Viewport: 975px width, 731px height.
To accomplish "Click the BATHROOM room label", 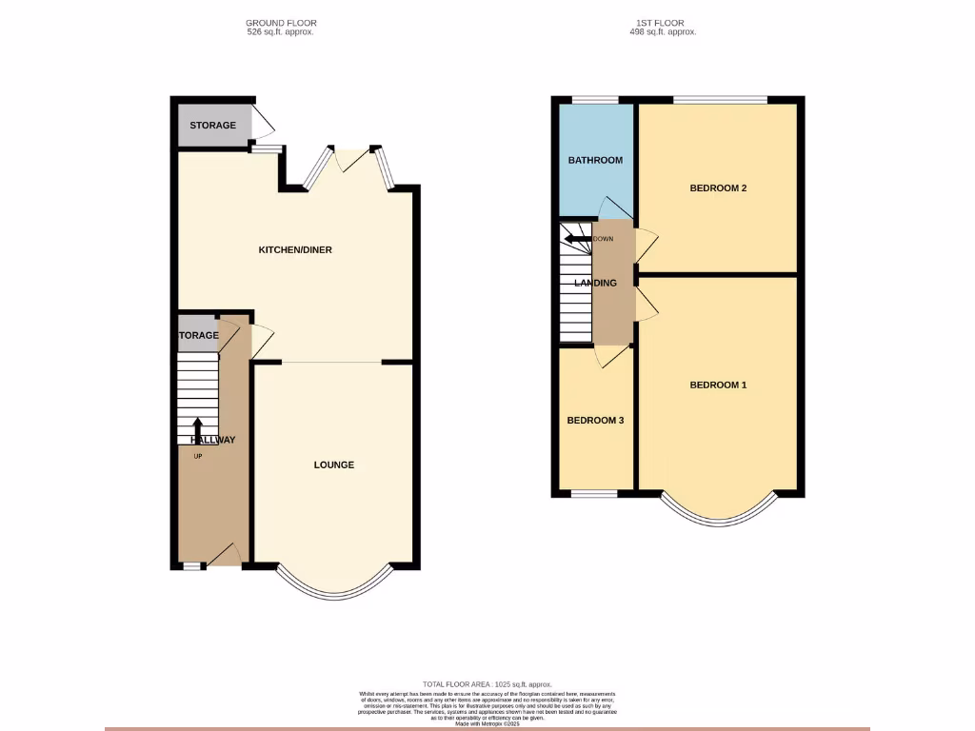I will pos(595,160).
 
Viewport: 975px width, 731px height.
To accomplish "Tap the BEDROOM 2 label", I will pos(718,188).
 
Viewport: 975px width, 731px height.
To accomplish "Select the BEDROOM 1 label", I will pos(718,385).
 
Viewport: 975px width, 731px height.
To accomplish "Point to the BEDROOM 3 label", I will pos(595,420).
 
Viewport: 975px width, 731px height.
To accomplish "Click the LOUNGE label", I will pos(334,465).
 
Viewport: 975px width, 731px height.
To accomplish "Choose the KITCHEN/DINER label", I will pos(295,250).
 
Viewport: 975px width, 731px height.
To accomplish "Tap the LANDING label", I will pos(595,283).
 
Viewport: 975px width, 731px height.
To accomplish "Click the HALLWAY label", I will pos(211,440).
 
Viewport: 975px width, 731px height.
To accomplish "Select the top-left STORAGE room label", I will pos(212,126).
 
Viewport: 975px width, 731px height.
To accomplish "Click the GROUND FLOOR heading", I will pos(281,23).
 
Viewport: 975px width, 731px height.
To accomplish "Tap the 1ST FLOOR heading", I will pos(661,23).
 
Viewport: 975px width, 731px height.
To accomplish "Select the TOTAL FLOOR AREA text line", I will pos(487,684).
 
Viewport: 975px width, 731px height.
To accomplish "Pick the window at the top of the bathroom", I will pos(595,99).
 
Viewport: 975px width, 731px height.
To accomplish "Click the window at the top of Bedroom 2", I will pos(720,99).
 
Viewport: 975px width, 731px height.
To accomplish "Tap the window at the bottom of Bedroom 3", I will pos(594,493).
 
